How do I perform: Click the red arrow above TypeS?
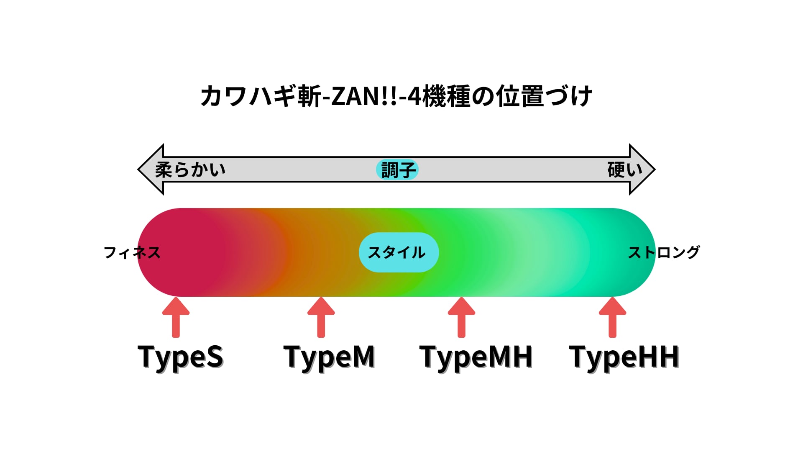(x=176, y=317)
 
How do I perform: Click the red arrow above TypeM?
(x=321, y=317)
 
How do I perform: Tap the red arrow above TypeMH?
(x=461, y=317)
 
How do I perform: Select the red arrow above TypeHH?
(x=612, y=317)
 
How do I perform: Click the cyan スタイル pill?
(x=399, y=252)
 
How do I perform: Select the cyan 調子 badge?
(x=397, y=169)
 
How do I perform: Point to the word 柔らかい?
(x=190, y=170)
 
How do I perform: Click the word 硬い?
(x=625, y=170)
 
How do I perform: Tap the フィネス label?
(x=132, y=252)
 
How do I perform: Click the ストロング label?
(x=664, y=252)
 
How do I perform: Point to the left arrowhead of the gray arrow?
(x=151, y=169)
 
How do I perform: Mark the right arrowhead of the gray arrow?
(x=642, y=169)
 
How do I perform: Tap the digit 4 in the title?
(x=414, y=96)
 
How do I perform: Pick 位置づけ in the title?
(x=544, y=96)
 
